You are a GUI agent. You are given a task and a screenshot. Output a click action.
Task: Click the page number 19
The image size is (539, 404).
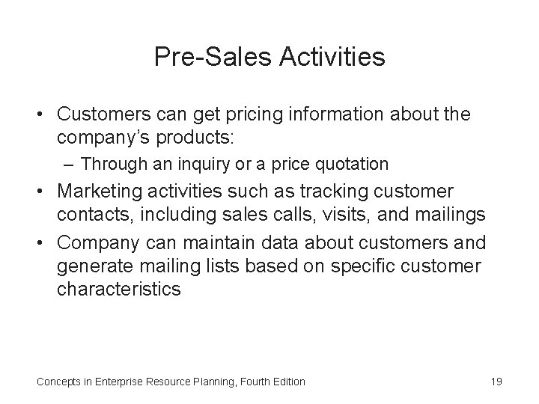(x=496, y=382)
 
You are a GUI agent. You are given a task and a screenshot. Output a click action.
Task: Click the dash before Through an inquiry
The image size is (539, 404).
(x=70, y=163)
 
